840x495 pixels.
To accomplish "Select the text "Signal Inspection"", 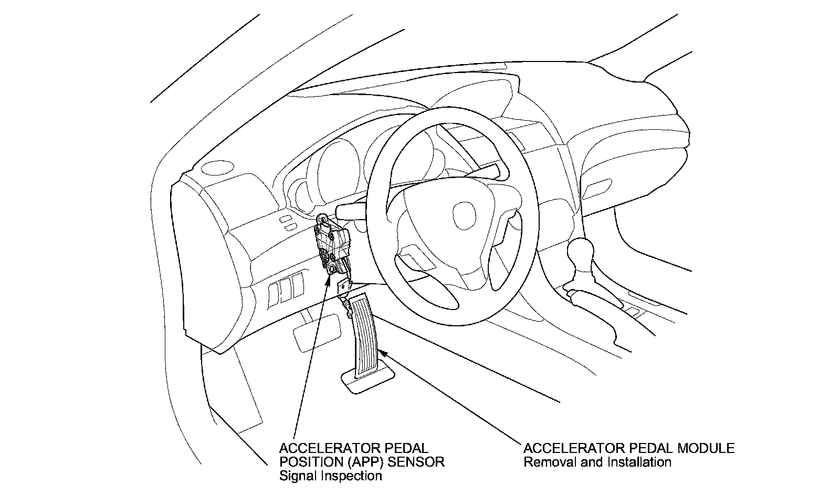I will click(330, 476).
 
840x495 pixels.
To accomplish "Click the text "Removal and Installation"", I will click(597, 462).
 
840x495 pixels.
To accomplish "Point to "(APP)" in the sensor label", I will click(363, 462).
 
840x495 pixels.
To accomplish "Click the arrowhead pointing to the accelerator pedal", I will click(382, 353).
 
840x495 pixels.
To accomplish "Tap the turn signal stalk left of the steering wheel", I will click(350, 210).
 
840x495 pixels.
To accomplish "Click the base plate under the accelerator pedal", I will click(368, 381).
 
